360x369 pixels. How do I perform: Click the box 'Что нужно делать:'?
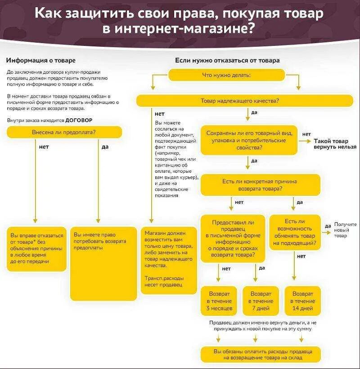click(226, 75)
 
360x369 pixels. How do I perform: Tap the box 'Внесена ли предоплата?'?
click(64, 132)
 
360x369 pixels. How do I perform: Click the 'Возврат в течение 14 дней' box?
click(302, 301)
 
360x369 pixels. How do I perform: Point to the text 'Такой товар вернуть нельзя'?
click(335, 144)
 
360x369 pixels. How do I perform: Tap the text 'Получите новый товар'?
click(345, 230)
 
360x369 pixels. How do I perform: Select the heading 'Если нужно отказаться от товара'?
click(227, 60)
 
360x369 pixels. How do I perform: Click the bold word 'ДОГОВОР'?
click(79, 121)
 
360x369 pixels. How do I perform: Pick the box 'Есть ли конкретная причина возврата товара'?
click(260, 185)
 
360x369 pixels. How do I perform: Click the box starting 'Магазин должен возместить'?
click(169, 260)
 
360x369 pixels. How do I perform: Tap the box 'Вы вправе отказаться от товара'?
click(36, 248)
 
